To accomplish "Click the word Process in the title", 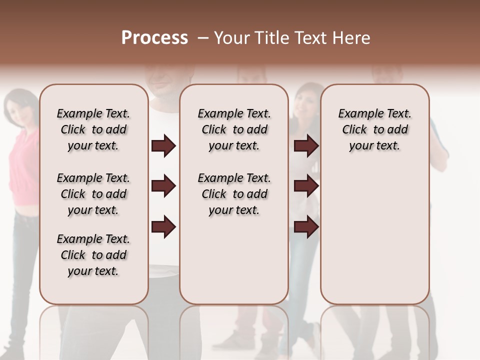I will pos(154,38).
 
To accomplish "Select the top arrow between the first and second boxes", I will pos(163,146).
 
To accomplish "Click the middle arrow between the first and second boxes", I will pos(163,186).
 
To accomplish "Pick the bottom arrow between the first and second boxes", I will pos(163,226).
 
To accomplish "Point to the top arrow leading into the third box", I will pos(306,146).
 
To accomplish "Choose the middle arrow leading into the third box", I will pos(306,186).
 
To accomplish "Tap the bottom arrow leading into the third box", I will pos(306,226).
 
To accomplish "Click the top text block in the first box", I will pos(93,129).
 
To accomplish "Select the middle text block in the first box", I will pos(93,194).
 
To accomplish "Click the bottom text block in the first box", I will pos(93,255).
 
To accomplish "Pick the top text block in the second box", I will pos(234,129).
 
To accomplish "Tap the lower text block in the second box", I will pos(234,194).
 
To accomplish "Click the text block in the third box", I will pos(374,129).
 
